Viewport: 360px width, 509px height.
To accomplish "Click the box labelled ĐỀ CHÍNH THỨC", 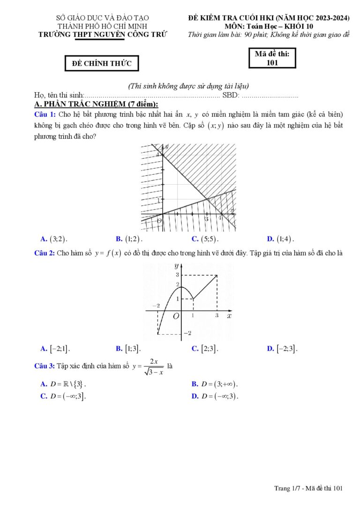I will click(x=102, y=63).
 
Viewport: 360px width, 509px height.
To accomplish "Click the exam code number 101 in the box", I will click(x=272, y=62).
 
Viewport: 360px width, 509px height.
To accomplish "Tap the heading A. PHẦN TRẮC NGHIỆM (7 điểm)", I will click(x=96, y=104).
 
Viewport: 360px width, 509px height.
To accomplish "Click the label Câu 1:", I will click(x=45, y=114).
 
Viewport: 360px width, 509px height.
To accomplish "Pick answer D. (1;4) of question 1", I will click(x=281, y=239).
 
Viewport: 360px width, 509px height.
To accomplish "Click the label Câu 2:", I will click(x=45, y=253).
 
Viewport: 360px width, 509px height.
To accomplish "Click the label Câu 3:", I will click(x=45, y=366).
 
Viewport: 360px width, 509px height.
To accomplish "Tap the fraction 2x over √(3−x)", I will click(x=153, y=367).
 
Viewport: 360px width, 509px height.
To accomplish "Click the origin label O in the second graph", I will click(x=176, y=317).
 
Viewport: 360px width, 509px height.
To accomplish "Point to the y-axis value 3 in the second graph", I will click(x=177, y=275).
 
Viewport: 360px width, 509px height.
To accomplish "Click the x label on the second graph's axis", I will click(x=229, y=316).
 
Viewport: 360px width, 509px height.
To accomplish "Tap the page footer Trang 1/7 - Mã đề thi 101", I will click(x=308, y=488).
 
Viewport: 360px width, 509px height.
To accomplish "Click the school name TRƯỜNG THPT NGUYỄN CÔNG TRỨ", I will click(x=102, y=34).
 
